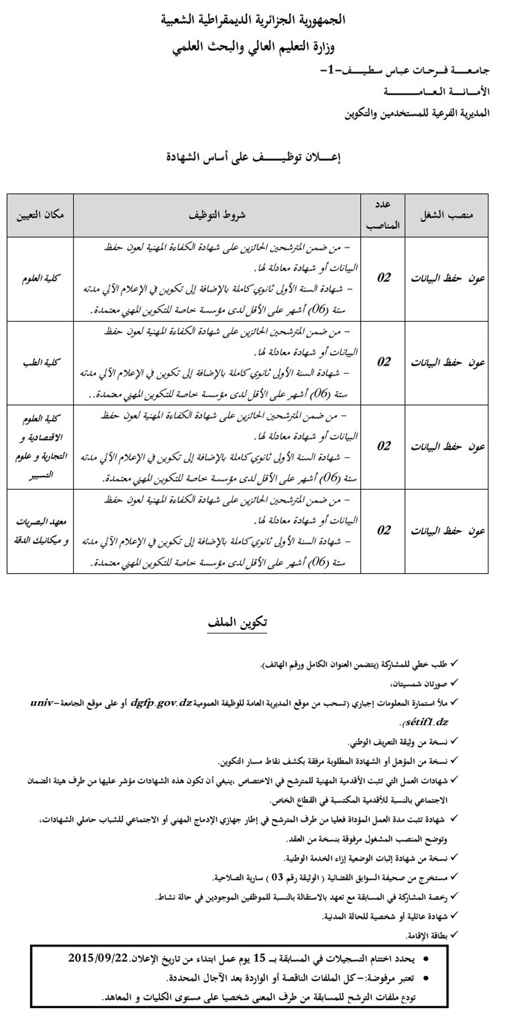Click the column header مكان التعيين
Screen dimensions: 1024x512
(x=41, y=215)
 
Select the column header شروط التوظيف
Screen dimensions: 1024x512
(x=217, y=215)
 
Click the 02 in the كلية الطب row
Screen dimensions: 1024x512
(x=383, y=362)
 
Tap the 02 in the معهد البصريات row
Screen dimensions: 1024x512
(x=383, y=530)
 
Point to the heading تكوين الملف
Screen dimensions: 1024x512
(x=237, y=623)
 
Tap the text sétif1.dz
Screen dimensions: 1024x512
(x=425, y=722)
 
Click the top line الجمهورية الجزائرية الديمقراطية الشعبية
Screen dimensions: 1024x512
(x=253, y=20)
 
